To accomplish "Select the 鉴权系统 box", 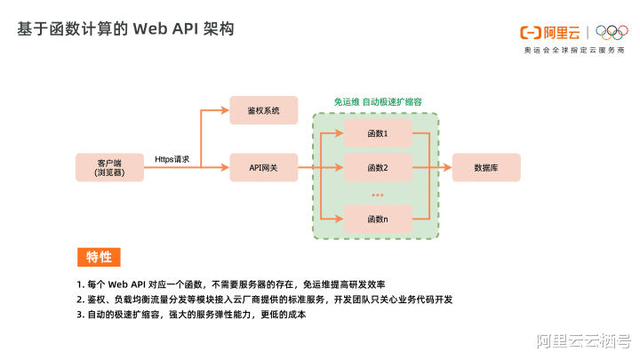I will [x=264, y=110].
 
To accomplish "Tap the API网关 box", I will [x=264, y=167].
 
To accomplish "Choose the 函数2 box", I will [x=378, y=167].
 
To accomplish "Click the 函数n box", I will [x=378, y=218].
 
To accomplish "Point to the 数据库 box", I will [x=486, y=167].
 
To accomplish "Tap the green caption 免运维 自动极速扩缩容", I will [x=378, y=102].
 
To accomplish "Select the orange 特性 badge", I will [x=99, y=257].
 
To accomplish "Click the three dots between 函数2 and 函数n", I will [x=378, y=194].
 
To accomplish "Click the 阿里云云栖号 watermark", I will [x=582, y=340].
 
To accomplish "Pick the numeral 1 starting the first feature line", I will [x=79, y=284].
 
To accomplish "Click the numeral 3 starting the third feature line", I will [x=79, y=315].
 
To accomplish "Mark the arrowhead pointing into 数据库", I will [x=447, y=167].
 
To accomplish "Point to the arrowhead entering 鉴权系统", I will [x=226, y=110].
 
